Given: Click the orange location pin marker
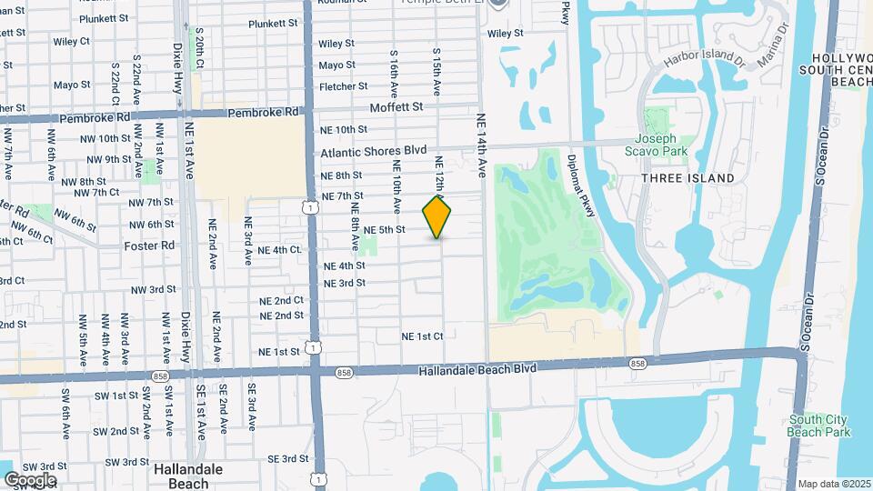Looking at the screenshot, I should (437, 216).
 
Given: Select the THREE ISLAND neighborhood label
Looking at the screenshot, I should (687, 178).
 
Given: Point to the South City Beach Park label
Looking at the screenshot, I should (819, 426).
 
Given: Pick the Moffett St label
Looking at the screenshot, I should (396, 107).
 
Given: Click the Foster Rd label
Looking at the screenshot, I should (149, 245).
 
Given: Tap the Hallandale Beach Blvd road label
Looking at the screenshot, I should (478, 368).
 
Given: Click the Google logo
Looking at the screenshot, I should (30, 479).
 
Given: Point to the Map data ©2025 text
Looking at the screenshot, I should (834, 484).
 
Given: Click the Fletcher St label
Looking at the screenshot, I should (343, 86).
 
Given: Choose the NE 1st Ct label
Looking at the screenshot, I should (422, 336).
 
